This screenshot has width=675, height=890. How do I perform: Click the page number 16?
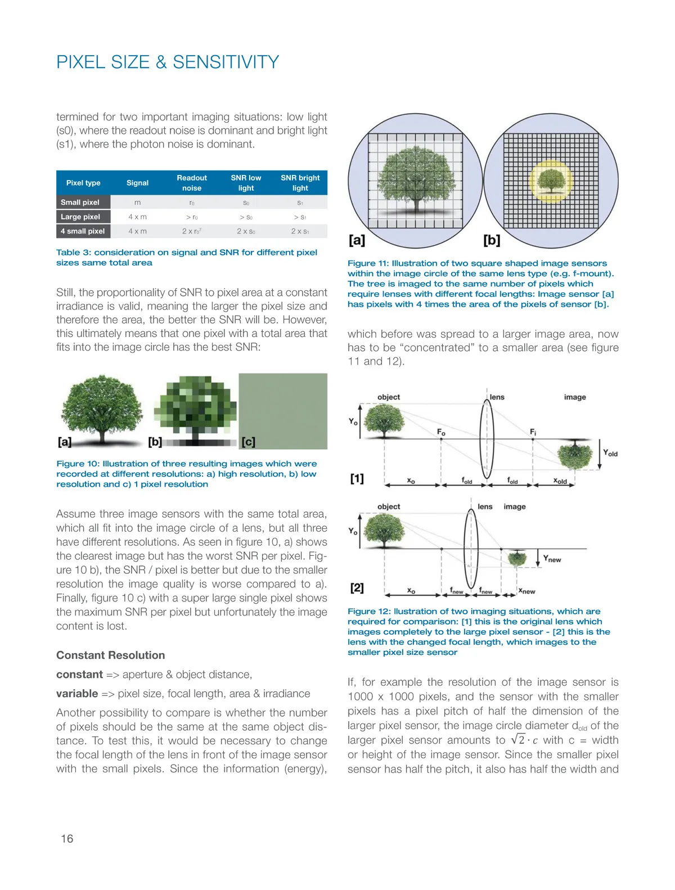point(67,839)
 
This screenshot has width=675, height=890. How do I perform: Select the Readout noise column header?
point(192,183)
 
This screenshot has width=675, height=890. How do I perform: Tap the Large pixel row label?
point(80,217)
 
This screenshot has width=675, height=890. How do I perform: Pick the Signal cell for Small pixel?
point(137,203)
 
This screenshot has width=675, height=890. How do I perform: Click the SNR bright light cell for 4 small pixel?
point(300,231)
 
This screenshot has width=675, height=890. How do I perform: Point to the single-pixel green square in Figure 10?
point(283,411)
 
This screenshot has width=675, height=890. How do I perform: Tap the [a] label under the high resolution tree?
point(65,442)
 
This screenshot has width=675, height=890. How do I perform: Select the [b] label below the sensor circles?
point(492,240)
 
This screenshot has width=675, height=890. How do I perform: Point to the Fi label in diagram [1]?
point(533,432)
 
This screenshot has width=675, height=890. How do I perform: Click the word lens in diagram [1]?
point(497,397)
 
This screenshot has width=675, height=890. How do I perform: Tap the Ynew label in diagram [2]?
point(552,559)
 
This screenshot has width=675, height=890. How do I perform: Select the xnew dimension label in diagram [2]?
point(526,591)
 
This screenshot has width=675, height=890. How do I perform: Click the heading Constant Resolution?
point(111,655)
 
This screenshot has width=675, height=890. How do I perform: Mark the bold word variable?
point(77,694)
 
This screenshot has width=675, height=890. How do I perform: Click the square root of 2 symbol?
point(517,740)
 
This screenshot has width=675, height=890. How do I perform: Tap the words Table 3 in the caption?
point(73,253)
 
